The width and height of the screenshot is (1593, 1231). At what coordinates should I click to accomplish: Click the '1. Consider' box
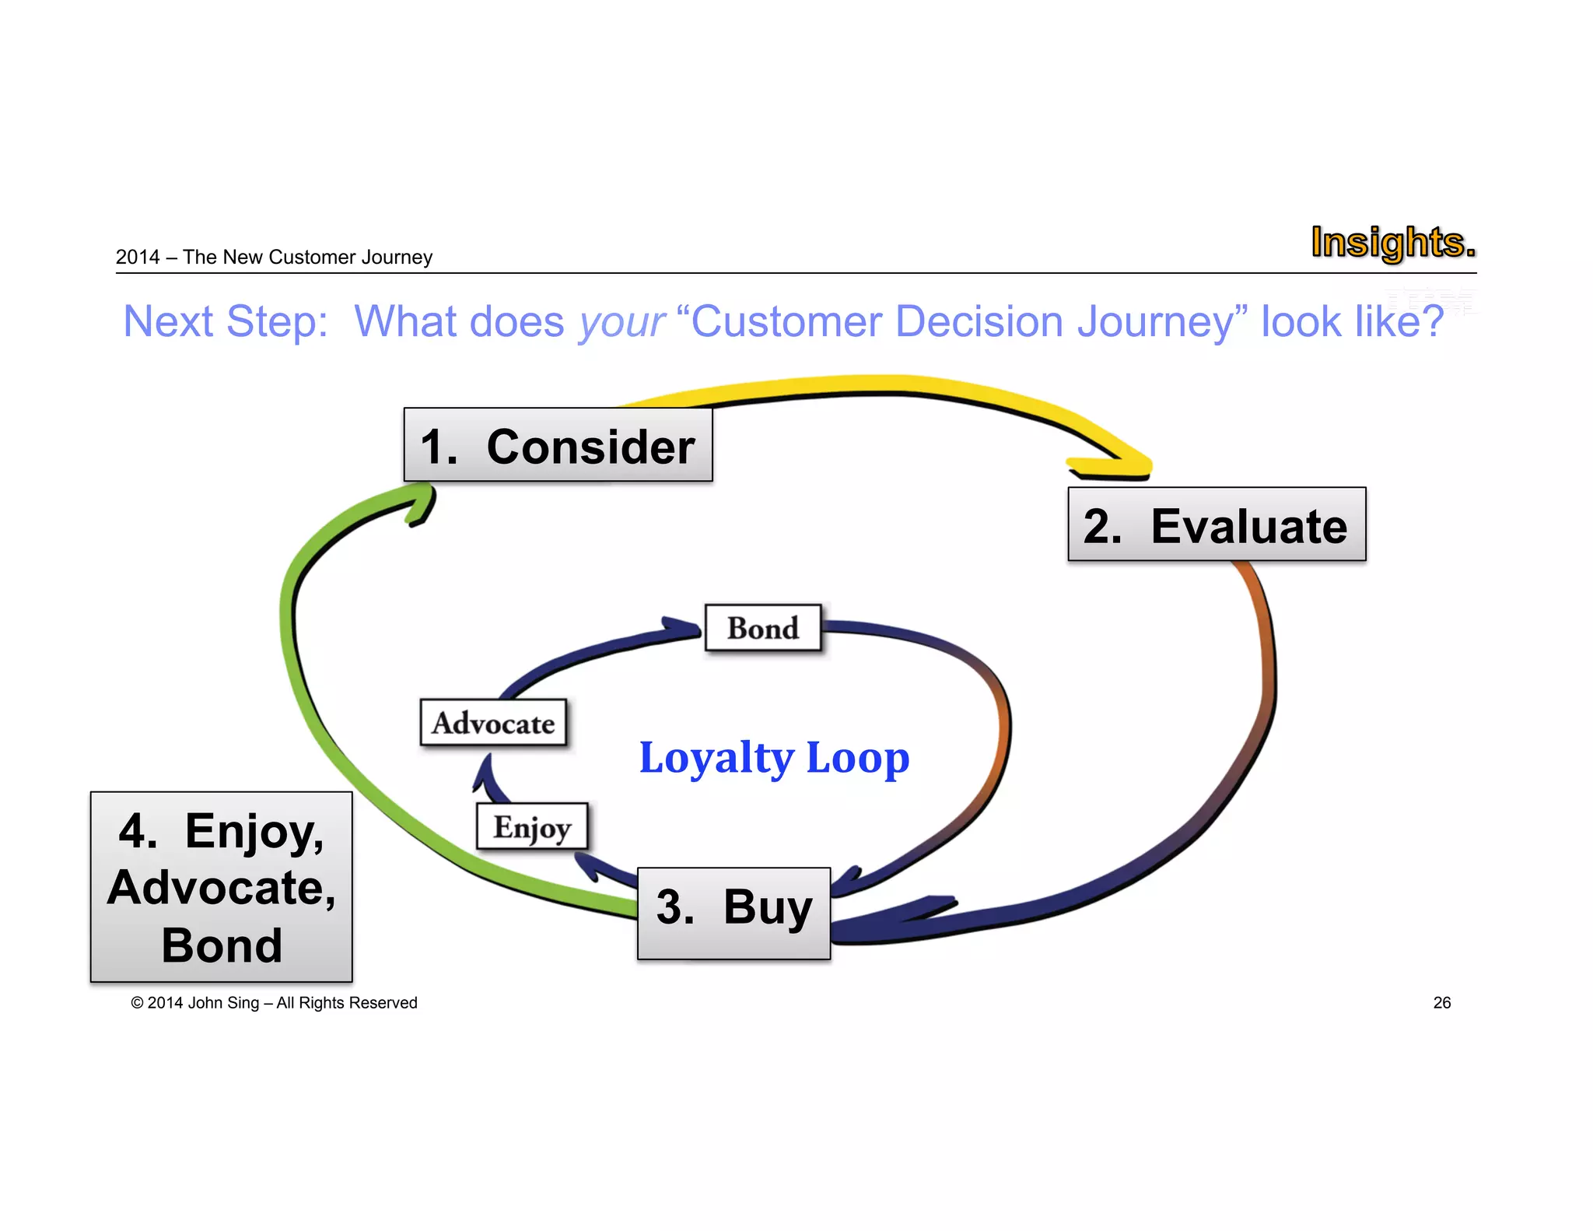(558, 446)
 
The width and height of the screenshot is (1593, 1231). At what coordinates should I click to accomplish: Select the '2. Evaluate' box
(1217, 525)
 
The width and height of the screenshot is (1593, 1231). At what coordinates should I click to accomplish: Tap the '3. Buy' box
(733, 912)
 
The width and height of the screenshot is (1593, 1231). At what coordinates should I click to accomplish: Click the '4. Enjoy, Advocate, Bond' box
(222, 887)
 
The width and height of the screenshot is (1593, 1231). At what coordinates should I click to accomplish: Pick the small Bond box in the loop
(763, 628)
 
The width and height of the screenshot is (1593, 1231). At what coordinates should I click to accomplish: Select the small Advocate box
(493, 723)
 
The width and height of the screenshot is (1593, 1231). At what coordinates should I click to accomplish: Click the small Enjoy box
(532, 826)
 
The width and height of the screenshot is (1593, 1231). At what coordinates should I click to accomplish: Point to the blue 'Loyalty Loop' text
(774, 758)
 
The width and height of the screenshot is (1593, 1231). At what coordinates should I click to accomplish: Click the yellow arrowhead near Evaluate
(1120, 464)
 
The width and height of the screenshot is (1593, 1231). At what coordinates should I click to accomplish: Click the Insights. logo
(1392, 242)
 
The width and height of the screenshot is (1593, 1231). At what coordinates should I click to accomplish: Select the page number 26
(1441, 1002)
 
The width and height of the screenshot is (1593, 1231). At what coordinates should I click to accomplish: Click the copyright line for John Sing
(274, 1002)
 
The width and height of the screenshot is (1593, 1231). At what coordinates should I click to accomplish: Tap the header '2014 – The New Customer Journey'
(274, 257)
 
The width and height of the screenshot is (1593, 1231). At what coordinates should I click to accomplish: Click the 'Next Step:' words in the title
(226, 322)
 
